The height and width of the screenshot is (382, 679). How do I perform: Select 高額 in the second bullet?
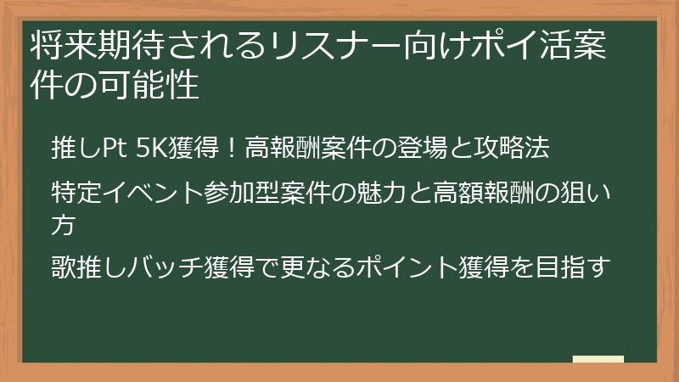[x=459, y=192]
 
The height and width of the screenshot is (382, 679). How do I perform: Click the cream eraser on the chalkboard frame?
[x=598, y=360]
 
